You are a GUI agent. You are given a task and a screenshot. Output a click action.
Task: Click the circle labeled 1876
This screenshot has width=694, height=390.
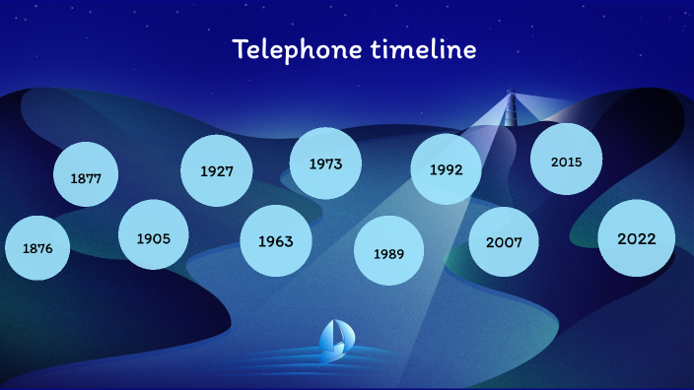(37, 248)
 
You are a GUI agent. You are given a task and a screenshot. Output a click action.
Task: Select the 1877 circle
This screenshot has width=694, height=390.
(86, 178)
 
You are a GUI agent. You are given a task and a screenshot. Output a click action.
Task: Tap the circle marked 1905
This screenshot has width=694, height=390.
(153, 236)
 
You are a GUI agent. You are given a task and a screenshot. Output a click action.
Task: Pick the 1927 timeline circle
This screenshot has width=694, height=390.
(216, 170)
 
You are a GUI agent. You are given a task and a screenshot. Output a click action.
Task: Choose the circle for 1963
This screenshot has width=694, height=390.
(275, 240)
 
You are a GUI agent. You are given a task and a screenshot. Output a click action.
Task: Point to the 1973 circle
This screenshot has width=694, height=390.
(324, 163)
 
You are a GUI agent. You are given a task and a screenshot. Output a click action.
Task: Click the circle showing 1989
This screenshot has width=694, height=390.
(388, 252)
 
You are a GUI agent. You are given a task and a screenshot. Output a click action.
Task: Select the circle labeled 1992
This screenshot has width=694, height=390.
(446, 169)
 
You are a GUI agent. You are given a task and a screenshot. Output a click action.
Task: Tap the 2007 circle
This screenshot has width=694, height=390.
(503, 241)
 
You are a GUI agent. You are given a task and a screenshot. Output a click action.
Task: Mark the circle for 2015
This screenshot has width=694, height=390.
(566, 161)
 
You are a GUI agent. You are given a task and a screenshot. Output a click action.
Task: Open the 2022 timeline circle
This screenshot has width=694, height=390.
(636, 238)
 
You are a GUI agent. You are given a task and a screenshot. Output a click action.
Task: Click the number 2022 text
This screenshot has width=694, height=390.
(636, 238)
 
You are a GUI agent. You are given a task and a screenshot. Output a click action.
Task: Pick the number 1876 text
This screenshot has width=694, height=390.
(37, 248)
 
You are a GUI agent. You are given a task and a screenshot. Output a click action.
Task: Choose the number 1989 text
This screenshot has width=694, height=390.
(388, 253)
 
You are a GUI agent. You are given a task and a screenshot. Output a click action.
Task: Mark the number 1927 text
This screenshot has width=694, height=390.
(216, 171)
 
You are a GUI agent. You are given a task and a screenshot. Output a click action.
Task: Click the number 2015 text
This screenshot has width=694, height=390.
(566, 162)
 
